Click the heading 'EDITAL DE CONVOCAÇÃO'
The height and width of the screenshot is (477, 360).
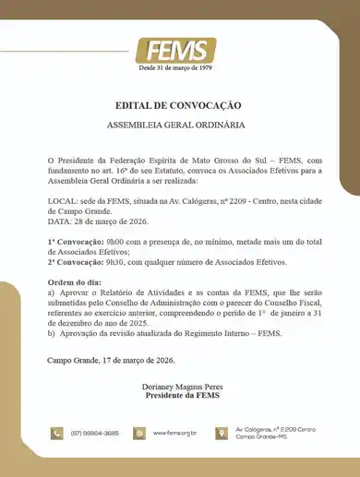point(179,106)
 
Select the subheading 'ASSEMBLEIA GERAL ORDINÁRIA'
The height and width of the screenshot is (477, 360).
point(179,124)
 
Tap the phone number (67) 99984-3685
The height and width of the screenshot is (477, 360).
point(93,433)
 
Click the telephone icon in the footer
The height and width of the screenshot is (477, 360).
point(56,433)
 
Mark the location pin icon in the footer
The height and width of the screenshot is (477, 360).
point(222,433)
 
